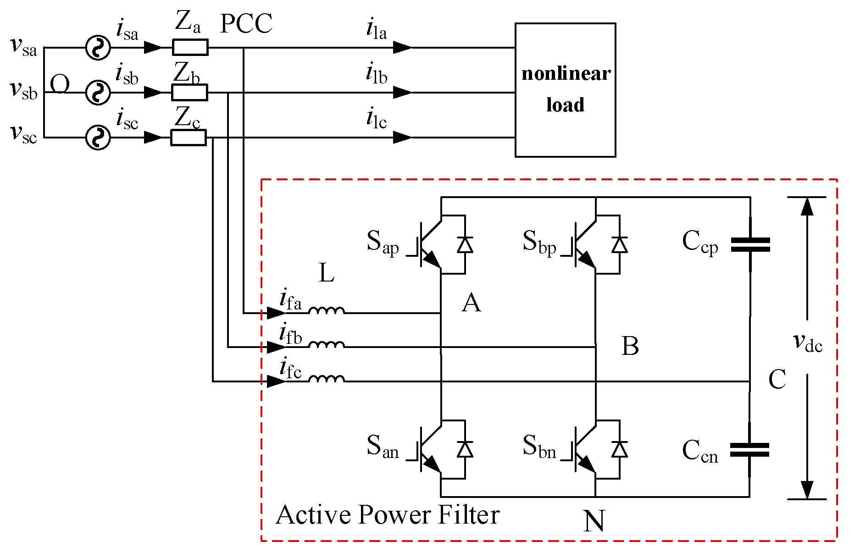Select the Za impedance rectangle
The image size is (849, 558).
pos(190,47)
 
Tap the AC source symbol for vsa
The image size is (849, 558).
pos(98,47)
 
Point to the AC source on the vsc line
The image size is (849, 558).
pos(98,138)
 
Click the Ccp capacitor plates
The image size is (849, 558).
pos(750,245)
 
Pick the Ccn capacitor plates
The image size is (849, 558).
pos(750,450)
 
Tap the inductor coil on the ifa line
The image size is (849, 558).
pos(326,310)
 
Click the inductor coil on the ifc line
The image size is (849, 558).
pos(326,378)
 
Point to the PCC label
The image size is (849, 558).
pos(246,24)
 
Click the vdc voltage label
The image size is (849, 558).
pos(808,343)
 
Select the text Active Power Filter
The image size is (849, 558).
pos(388,514)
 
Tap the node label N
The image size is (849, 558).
pos(594,521)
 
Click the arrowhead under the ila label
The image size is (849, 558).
pos(403,47)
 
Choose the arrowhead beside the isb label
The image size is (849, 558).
pos(153,93)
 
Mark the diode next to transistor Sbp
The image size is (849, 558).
pos(620,244)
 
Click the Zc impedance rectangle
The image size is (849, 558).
pos(189,138)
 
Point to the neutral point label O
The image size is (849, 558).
pos(60,84)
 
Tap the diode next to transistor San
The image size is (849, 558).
pos(465,449)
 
